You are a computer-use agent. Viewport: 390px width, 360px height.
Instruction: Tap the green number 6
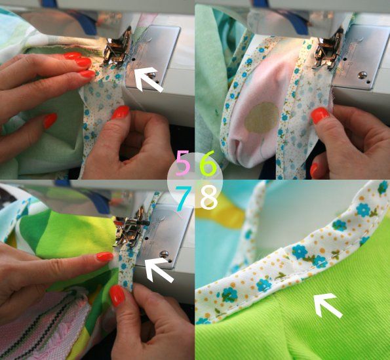pos(207,165)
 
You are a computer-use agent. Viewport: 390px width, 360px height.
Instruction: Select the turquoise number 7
pos(185,195)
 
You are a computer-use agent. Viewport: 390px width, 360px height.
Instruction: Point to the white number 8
pos(208,195)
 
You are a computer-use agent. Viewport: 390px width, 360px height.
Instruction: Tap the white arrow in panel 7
pos(158,269)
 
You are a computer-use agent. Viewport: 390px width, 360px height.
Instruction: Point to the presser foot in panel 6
pos(324,50)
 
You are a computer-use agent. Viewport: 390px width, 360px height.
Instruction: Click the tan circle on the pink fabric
pos(262,117)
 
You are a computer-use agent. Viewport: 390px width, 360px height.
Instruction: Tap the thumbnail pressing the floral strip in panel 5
pos(121,112)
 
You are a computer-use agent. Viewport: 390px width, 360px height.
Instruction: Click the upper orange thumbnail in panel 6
pos(320,116)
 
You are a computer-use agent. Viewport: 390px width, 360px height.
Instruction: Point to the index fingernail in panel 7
pos(104,257)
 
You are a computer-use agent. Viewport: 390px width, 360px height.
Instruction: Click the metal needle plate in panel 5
pos(157,46)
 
